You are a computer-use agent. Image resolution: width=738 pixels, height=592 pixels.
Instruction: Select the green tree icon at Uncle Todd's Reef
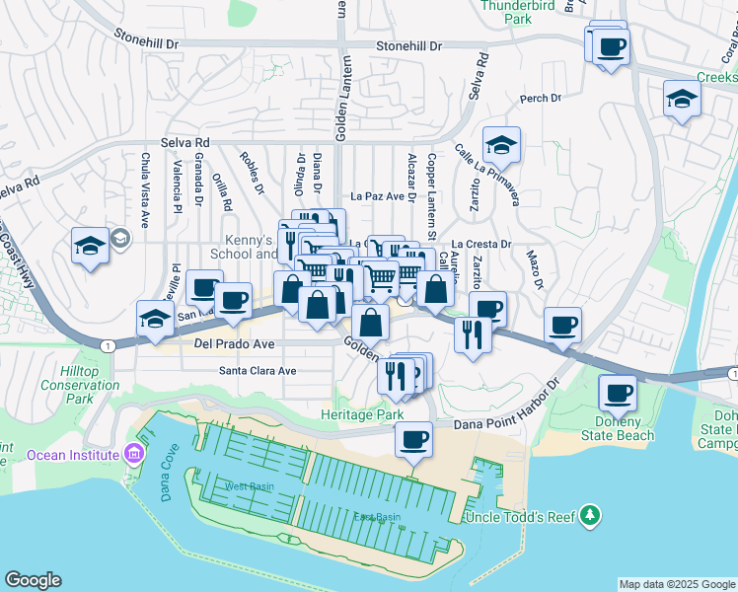590,515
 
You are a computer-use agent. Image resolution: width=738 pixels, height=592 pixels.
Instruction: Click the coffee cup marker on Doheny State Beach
618,394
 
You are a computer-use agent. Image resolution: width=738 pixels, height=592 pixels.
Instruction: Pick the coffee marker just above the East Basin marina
413,438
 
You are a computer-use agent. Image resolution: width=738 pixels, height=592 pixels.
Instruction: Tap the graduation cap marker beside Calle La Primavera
501,146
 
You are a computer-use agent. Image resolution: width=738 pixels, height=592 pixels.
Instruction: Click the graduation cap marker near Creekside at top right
682,100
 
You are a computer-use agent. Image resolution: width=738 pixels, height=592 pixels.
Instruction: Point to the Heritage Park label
362,415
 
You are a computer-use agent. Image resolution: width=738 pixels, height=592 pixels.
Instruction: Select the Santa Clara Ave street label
258,371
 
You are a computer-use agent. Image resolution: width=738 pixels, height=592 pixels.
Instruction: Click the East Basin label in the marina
378,517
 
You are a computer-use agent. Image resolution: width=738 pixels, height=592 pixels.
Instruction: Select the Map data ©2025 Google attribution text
676,584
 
